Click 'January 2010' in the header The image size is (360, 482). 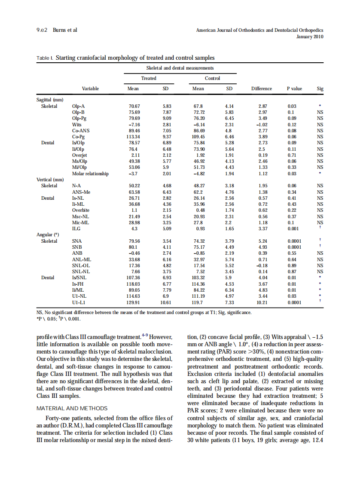(310, 37)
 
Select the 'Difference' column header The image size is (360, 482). (261, 89)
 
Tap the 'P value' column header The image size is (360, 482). (294, 89)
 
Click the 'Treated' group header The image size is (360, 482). (149, 78)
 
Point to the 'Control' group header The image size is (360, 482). (212, 78)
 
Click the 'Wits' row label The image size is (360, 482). (77, 125)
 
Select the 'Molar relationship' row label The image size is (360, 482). (90, 174)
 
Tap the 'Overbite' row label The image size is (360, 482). (81, 210)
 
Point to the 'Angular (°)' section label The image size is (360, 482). (48, 235)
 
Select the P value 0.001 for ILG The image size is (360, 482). (294, 229)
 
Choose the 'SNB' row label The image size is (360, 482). (77, 247)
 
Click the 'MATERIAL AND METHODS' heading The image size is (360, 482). (72, 408)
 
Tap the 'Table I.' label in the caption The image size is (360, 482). (45, 58)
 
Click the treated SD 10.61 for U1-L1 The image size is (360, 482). (165, 302)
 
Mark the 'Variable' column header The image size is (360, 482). (90, 89)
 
